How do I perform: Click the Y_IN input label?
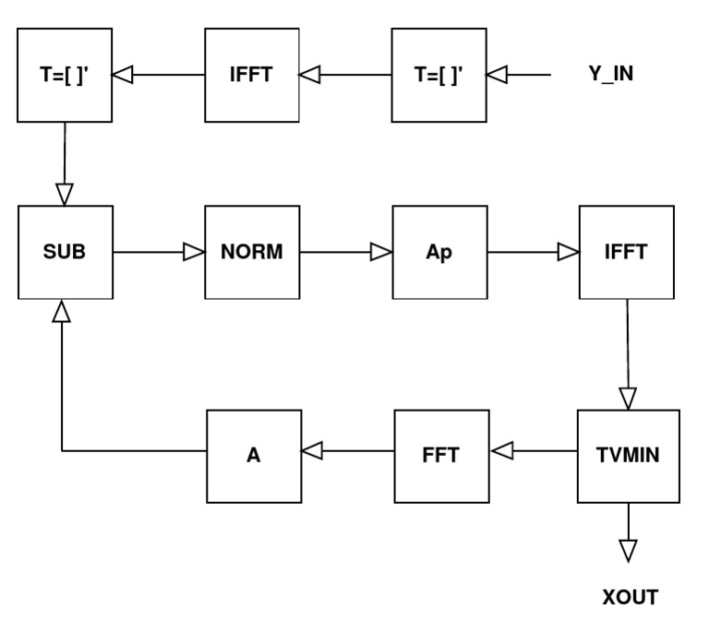pyautogui.click(x=610, y=74)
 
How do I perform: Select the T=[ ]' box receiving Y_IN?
pyautogui.click(x=439, y=75)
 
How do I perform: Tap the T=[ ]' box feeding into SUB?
pyautogui.click(x=66, y=75)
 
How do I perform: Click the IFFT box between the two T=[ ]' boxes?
pyautogui.click(x=252, y=75)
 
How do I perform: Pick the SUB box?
pyautogui.click(x=66, y=252)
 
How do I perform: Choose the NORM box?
pyautogui.click(x=252, y=252)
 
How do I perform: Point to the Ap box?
pyautogui.click(x=439, y=252)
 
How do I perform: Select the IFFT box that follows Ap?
pyautogui.click(x=626, y=252)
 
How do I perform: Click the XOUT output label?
pyautogui.click(x=630, y=597)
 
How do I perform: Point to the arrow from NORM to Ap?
pyautogui.click(x=345, y=252)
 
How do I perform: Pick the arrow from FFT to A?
pyautogui.click(x=347, y=451)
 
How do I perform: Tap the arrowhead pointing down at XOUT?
pyautogui.click(x=629, y=551)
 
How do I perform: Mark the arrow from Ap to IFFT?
pyautogui.click(x=533, y=252)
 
